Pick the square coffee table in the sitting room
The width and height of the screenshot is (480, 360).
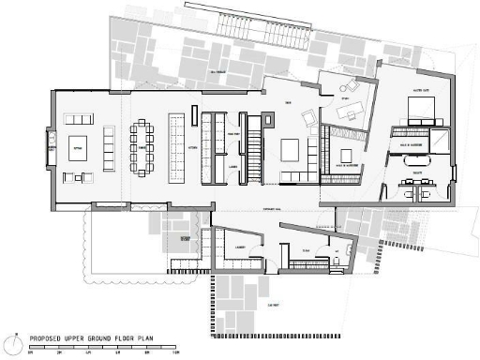click(77, 148)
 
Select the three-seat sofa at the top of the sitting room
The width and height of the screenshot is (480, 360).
click(77, 119)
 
